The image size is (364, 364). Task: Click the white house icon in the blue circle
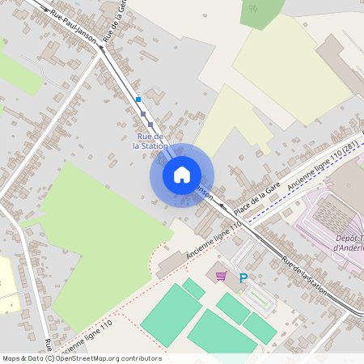click(182, 175)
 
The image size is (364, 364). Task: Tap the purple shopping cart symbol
click(221, 277)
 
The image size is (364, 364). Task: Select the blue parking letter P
click(243, 277)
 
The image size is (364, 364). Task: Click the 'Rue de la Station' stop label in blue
click(151, 141)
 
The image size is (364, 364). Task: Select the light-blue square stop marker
click(138, 99)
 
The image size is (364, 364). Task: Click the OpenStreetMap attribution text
click(82, 358)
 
